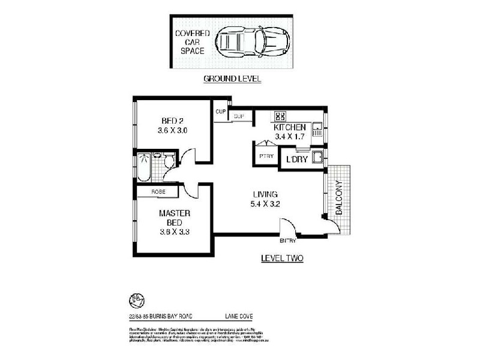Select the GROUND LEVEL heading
pyautogui.click(x=232, y=79)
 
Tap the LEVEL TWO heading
pyautogui.click(x=282, y=259)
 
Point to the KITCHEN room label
pyautogui.click(x=290, y=128)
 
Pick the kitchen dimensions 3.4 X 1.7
pyautogui.click(x=290, y=137)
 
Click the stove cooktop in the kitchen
pyautogui.click(x=280, y=116)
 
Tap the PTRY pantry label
pyautogui.click(x=266, y=156)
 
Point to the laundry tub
pyautogui.click(x=320, y=158)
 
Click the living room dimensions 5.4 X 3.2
pyautogui.click(x=265, y=204)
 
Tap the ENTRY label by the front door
pyautogui.click(x=288, y=241)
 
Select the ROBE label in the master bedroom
pyautogui.click(x=158, y=191)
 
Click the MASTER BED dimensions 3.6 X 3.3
pyautogui.click(x=174, y=232)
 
